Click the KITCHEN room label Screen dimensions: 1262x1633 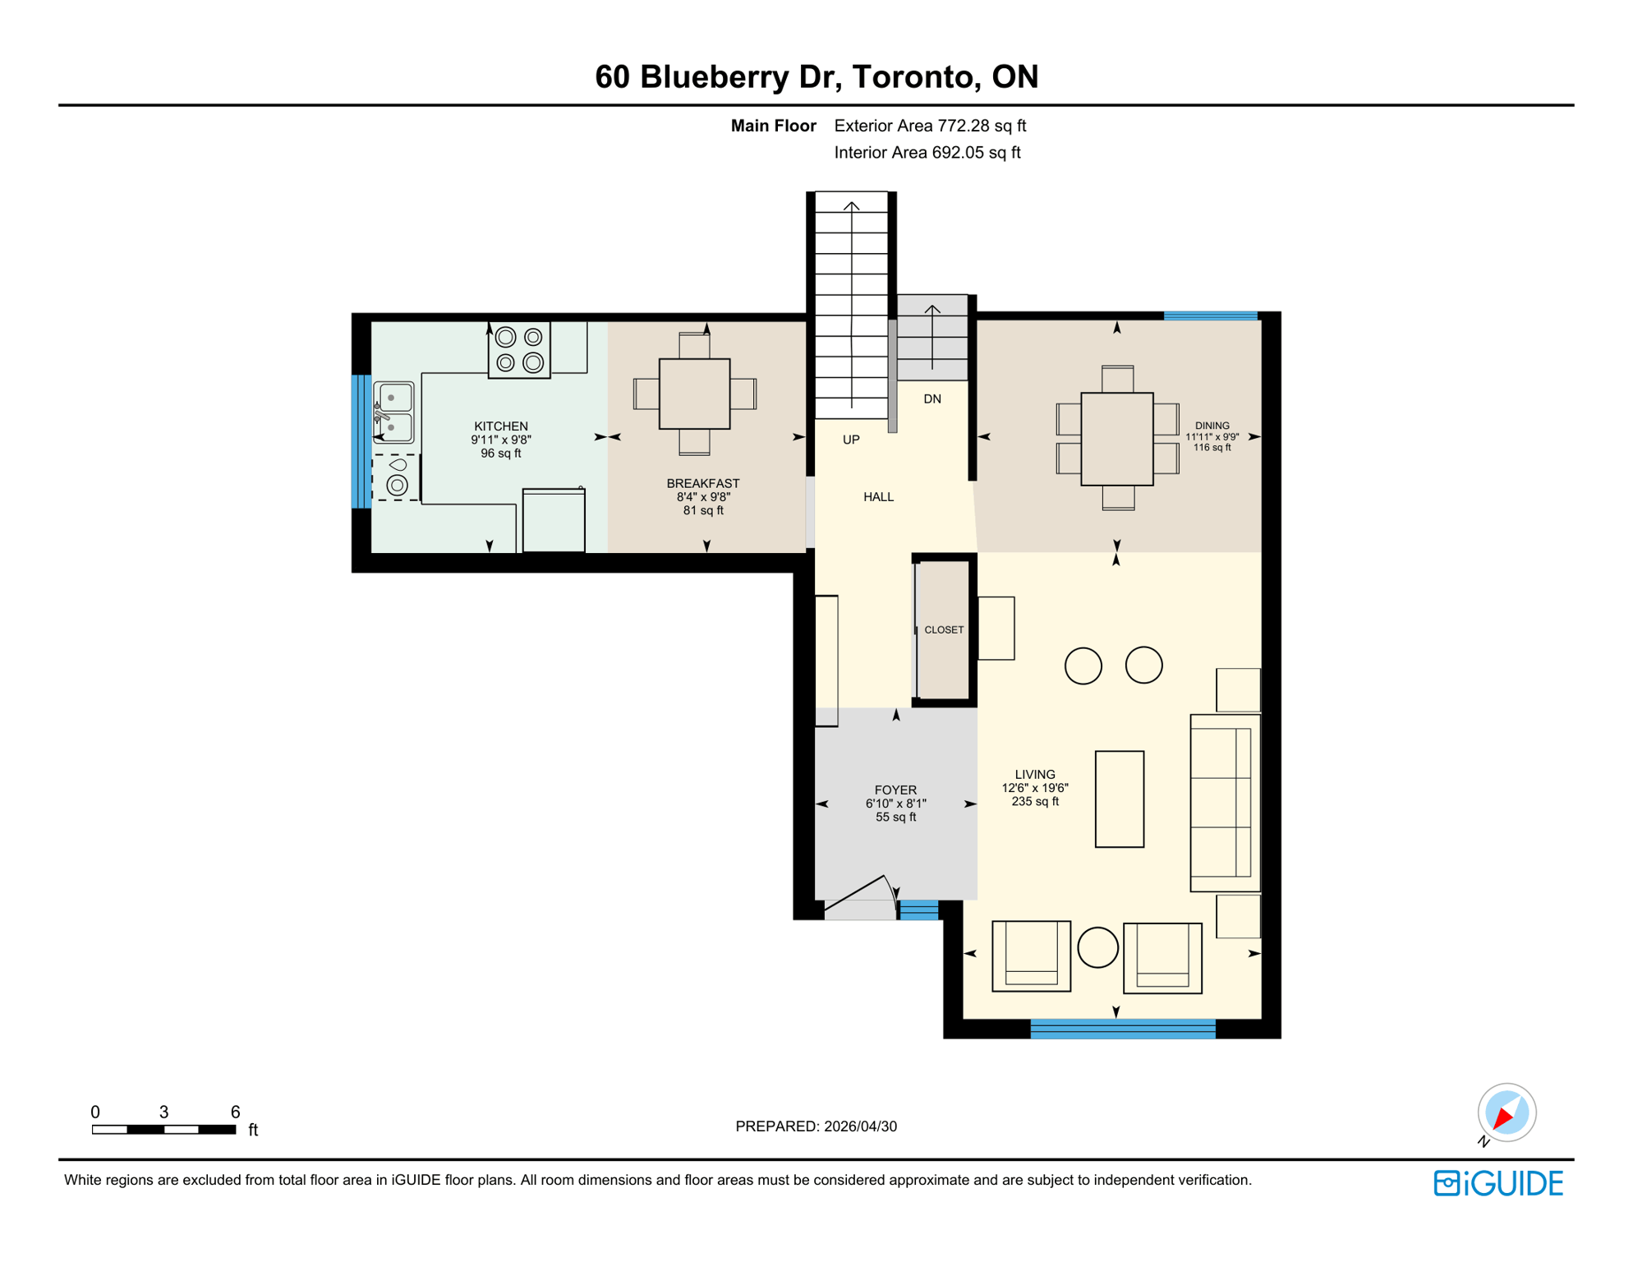pyautogui.click(x=500, y=426)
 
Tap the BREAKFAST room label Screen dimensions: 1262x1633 pyautogui.click(x=702, y=484)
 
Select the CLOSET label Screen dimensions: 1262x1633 pyautogui.click(x=944, y=630)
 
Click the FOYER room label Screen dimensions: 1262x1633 pyautogui.click(x=895, y=790)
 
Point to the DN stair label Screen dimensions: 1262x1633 pyautogui.click(x=931, y=399)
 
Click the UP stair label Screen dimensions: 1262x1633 pyautogui.click(x=851, y=440)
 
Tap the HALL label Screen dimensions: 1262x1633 pyautogui.click(x=878, y=497)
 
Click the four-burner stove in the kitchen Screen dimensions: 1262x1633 pyautogui.click(x=519, y=350)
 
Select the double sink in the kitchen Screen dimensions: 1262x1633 pyautogui.click(x=393, y=412)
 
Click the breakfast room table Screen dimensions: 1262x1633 pyautogui.click(x=694, y=394)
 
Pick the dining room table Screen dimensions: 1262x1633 pyautogui.click(x=1116, y=439)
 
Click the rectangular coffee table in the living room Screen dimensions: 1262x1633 pyautogui.click(x=1119, y=799)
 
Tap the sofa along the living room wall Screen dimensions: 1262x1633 pyautogui.click(x=1224, y=803)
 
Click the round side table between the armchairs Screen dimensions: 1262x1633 pyautogui.click(x=1097, y=947)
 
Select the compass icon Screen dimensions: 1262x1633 pyautogui.click(x=1506, y=1113)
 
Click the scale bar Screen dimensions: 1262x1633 pyautogui.click(x=163, y=1130)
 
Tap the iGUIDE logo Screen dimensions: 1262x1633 pyautogui.click(x=1498, y=1183)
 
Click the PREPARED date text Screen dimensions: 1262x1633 pyautogui.click(x=816, y=1126)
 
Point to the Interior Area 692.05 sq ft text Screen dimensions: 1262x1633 pyautogui.click(x=927, y=153)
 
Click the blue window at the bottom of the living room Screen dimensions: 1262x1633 pyautogui.click(x=1122, y=1029)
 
